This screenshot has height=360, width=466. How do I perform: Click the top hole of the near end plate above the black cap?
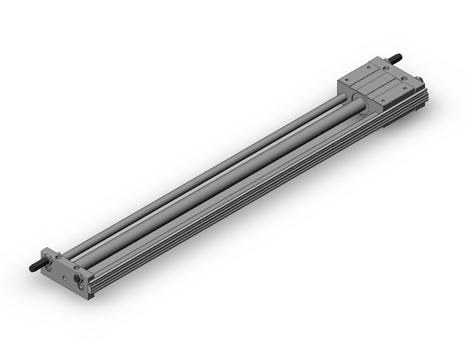(76, 267)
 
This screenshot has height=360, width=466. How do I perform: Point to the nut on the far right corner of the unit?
(419, 80)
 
